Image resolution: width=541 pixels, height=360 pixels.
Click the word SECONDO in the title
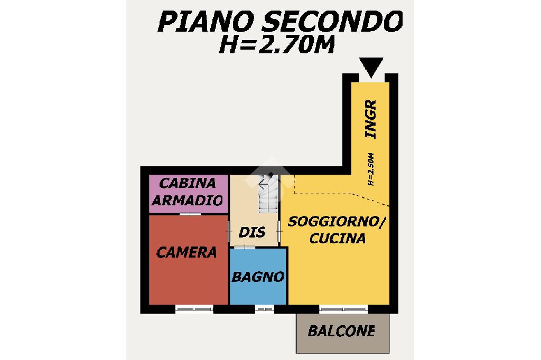332,22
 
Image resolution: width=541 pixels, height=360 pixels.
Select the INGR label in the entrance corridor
371,119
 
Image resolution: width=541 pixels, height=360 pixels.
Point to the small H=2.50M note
371,169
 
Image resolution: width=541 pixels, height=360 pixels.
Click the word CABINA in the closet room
188,183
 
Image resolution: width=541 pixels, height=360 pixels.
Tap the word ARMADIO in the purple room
188,201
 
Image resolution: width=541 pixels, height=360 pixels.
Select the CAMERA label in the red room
186,253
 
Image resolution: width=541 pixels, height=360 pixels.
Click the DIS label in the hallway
252,232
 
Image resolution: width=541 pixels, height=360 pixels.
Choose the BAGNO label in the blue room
258,277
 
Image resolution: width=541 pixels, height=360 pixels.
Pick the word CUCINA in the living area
338,238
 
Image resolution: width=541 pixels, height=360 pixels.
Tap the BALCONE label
341,331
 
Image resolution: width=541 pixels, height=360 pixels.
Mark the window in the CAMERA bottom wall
194,309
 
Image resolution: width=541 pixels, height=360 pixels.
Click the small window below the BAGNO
265,309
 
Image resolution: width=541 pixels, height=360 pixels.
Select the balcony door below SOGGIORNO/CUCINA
343,309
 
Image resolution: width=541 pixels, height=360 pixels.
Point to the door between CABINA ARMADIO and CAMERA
190,214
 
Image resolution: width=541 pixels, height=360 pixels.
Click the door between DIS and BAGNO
245,247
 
